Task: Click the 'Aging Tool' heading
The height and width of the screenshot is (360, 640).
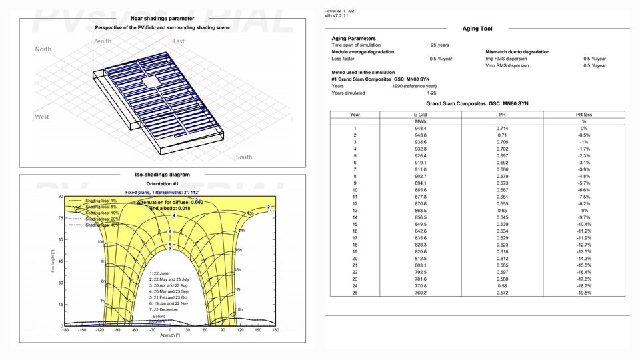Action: coord(477,29)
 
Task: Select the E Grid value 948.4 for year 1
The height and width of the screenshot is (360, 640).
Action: coord(420,128)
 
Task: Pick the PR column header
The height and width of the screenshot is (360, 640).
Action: coord(501,114)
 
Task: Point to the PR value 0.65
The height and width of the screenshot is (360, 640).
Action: coord(501,210)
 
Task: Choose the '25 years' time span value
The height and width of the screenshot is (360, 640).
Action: coord(439,45)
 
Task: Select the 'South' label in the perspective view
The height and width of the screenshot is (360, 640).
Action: coord(244,157)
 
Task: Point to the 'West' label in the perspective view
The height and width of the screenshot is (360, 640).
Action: coord(42,117)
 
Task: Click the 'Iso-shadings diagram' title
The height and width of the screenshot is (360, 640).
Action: coord(163,175)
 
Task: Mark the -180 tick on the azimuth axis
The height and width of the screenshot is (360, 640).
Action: coord(64,330)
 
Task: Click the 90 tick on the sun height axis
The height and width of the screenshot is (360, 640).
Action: coord(60,197)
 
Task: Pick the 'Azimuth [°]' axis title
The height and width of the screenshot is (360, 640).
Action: coord(169,335)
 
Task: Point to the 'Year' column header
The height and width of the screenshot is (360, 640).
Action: coord(355,114)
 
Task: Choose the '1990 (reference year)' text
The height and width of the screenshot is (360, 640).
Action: coord(415,86)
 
